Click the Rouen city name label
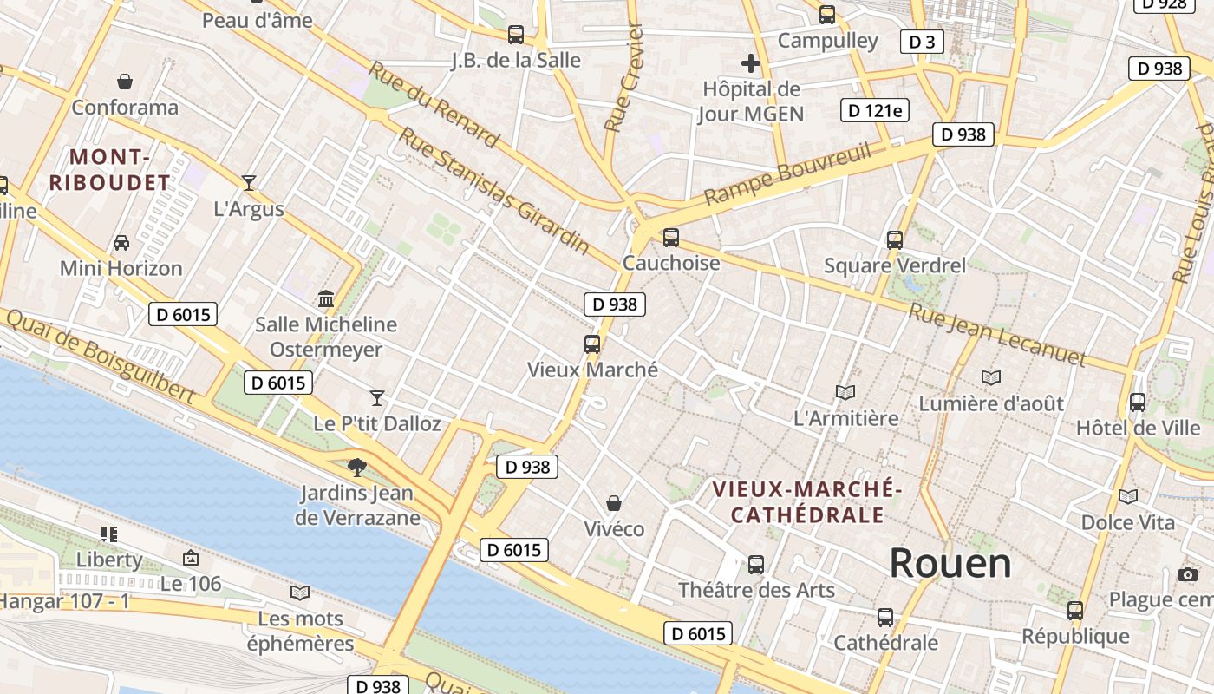point(950,564)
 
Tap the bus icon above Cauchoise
point(670,237)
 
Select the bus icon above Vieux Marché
point(592,344)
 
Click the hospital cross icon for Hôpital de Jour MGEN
point(751,63)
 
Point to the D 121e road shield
point(875,110)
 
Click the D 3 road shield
point(921,42)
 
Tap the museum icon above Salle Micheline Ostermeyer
point(326,299)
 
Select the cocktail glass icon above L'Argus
point(249,182)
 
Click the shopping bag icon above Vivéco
point(614,503)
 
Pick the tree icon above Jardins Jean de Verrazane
point(356,468)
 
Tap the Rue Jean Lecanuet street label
point(996,335)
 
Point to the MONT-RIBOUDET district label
point(109,170)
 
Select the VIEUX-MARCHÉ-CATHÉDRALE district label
point(807,502)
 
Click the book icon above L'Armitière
point(845,392)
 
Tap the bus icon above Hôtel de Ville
point(1137,402)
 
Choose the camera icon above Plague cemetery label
point(1188,574)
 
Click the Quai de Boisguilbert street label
point(99,356)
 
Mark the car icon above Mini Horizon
point(121,242)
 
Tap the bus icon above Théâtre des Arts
point(756,564)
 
